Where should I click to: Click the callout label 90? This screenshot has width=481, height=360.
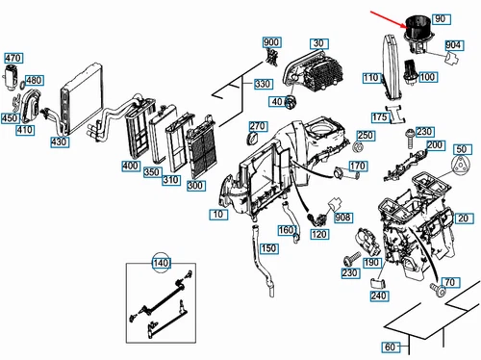[x=442, y=19]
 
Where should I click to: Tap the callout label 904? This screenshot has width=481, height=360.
[x=454, y=45]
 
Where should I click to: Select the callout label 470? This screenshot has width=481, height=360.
[x=13, y=58]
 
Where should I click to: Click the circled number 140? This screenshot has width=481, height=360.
[x=161, y=263]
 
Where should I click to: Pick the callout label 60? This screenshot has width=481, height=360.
[x=391, y=347]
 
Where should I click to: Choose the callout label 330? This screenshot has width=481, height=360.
[x=263, y=84]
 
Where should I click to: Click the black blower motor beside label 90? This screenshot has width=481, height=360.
[x=416, y=32]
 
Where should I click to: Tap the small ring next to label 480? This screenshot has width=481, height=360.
[x=22, y=86]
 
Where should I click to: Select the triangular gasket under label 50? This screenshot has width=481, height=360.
[x=461, y=167]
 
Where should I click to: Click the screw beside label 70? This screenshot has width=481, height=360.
[x=438, y=289]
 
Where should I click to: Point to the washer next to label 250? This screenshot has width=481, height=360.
[x=358, y=147]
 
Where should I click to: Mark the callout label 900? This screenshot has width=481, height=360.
[x=271, y=42]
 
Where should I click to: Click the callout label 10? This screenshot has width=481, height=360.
[x=218, y=215]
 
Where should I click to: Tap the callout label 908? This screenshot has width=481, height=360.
[x=343, y=218]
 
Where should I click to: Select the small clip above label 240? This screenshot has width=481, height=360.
[x=377, y=283]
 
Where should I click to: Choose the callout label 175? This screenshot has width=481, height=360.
[x=380, y=117]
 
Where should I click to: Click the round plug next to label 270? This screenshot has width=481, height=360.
[x=253, y=140]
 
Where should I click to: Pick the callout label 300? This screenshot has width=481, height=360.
[x=196, y=186]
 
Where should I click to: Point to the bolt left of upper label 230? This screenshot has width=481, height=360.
[x=410, y=138]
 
